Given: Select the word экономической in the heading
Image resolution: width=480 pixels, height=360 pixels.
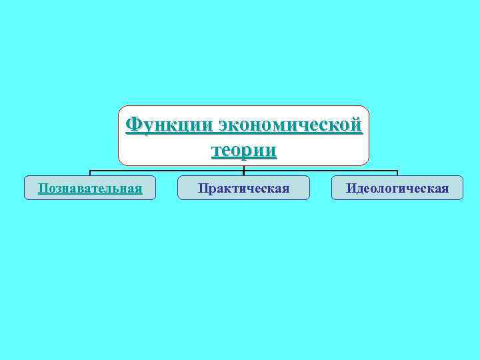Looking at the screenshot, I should click(x=290, y=125).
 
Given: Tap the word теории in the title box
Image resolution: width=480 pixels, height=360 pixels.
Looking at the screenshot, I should click(x=243, y=150).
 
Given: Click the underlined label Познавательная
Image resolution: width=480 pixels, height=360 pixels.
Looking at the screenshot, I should click(x=90, y=188).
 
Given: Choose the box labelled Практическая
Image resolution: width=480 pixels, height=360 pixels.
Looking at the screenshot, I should click(x=243, y=188).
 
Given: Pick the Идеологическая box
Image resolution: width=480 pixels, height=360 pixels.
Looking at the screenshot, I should click(x=397, y=188).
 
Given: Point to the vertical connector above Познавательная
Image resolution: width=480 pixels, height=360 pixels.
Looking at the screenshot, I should click(x=90, y=173).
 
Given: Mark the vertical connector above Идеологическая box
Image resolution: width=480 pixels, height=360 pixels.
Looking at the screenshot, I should click(x=397, y=173).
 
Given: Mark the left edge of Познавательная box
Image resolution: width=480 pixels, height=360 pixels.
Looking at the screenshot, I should click(x=25, y=188).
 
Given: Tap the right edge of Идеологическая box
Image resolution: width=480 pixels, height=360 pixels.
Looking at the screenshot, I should click(x=462, y=188).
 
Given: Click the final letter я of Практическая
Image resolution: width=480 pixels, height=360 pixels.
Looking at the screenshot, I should click(x=285, y=188).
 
